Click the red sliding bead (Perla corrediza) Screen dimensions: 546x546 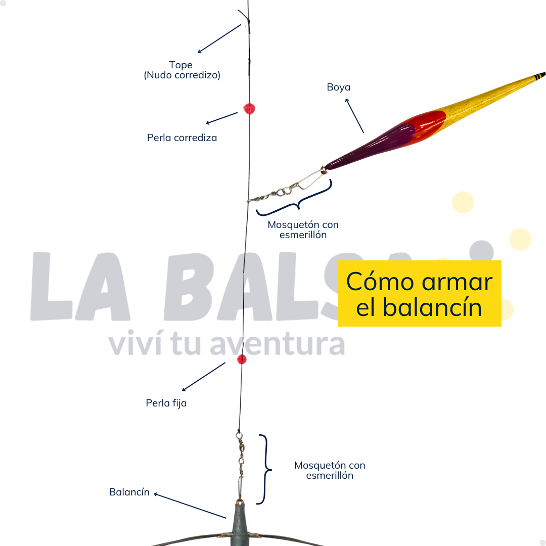[249, 109]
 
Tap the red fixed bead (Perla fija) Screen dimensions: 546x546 [242, 359]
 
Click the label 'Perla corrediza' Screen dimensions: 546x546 [182, 138]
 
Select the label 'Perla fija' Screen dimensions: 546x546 [166, 403]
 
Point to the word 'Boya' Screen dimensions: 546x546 [338, 87]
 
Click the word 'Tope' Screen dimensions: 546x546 [180, 65]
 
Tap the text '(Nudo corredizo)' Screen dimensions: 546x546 [182, 75]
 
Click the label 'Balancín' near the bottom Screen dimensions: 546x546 [129, 492]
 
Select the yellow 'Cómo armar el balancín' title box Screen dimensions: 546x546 [420, 293]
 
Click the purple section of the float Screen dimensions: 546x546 [373, 146]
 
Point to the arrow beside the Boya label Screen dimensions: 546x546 [354, 116]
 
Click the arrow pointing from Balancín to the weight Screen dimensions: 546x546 [190, 506]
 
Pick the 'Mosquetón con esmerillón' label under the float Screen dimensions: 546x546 [303, 230]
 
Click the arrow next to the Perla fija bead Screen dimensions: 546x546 [204, 377]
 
